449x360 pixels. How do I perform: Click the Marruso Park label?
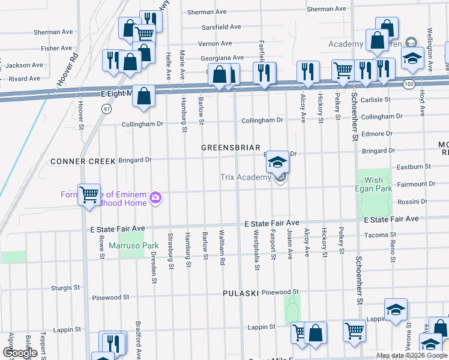tap(138, 245)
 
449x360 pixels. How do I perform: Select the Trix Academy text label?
tap(245, 177)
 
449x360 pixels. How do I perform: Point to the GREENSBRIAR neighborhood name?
tap(231, 148)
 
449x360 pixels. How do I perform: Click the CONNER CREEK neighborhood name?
tap(78, 161)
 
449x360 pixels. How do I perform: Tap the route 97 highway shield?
tap(89, 109)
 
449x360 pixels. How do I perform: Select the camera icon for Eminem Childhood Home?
tap(156, 197)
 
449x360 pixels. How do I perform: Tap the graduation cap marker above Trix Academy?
tap(277, 161)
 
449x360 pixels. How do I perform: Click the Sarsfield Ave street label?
tap(220, 27)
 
